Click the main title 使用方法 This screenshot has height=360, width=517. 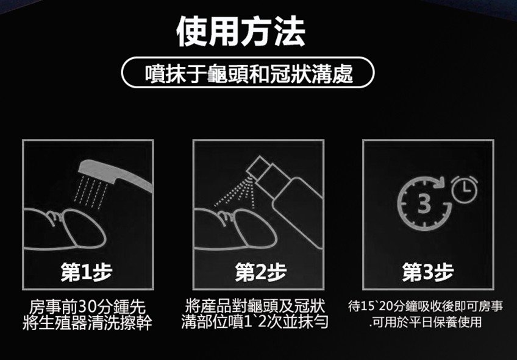pyautogui.click(x=241, y=32)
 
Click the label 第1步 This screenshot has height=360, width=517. pyautogui.click(x=87, y=272)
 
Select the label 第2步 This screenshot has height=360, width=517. pyautogui.click(x=261, y=272)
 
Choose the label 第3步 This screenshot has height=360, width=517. pyautogui.click(x=428, y=272)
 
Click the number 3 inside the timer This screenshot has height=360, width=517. pyautogui.click(x=424, y=203)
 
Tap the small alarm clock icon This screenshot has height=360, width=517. pyautogui.click(x=464, y=189)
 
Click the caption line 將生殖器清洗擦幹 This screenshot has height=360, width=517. pyautogui.click(x=87, y=322)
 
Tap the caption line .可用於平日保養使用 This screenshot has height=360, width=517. pyautogui.click(x=426, y=322)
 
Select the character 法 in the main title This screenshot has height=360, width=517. pyautogui.click(x=290, y=32)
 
